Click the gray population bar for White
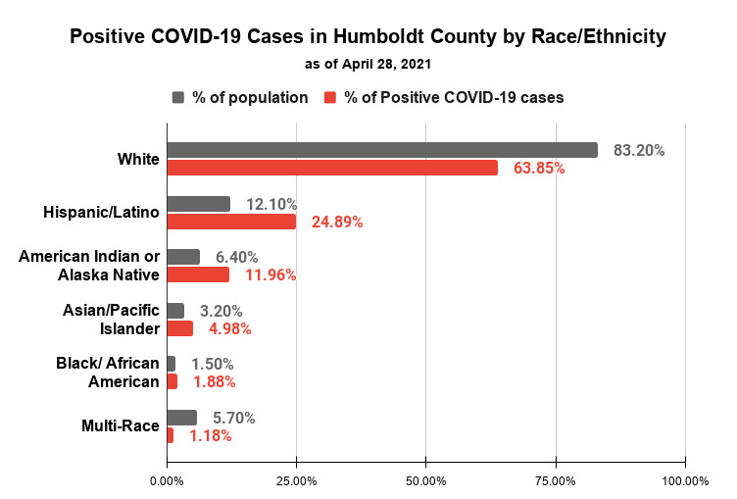point(382,150)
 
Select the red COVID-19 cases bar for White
point(332,168)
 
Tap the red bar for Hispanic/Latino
point(231,222)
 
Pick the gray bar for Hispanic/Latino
point(198,204)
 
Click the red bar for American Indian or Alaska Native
point(198,274)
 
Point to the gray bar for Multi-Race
point(181,418)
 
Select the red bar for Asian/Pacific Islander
point(179,328)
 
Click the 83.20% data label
point(639,151)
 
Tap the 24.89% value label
point(337,223)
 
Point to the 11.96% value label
point(270,275)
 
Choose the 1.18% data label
point(212,435)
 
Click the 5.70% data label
point(235,418)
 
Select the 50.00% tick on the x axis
point(426,481)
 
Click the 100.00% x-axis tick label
point(685,481)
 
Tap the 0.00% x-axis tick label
point(167,481)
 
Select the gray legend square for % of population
point(178,97)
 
